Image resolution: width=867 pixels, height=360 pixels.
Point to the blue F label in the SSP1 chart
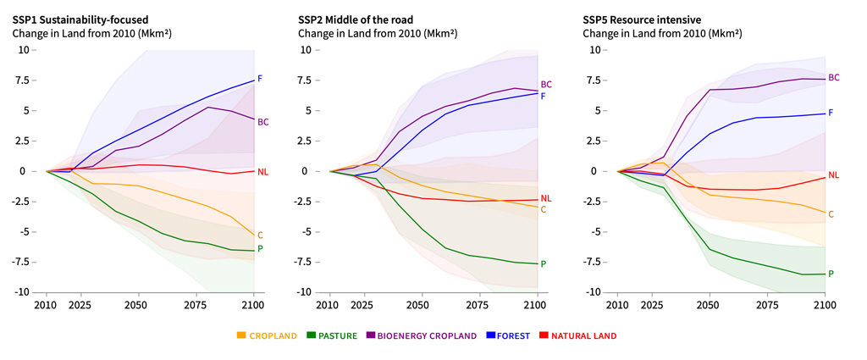pos(260,79)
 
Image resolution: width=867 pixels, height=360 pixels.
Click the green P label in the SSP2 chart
pos(544,264)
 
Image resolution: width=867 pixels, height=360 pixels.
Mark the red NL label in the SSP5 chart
pos(833,175)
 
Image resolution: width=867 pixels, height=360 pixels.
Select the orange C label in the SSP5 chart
pos(831,214)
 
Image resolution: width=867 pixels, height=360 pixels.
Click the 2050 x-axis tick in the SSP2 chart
pos(417,304)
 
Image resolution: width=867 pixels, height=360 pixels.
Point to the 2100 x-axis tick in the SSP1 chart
pos(253,304)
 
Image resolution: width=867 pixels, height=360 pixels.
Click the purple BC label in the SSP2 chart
pos(546,85)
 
